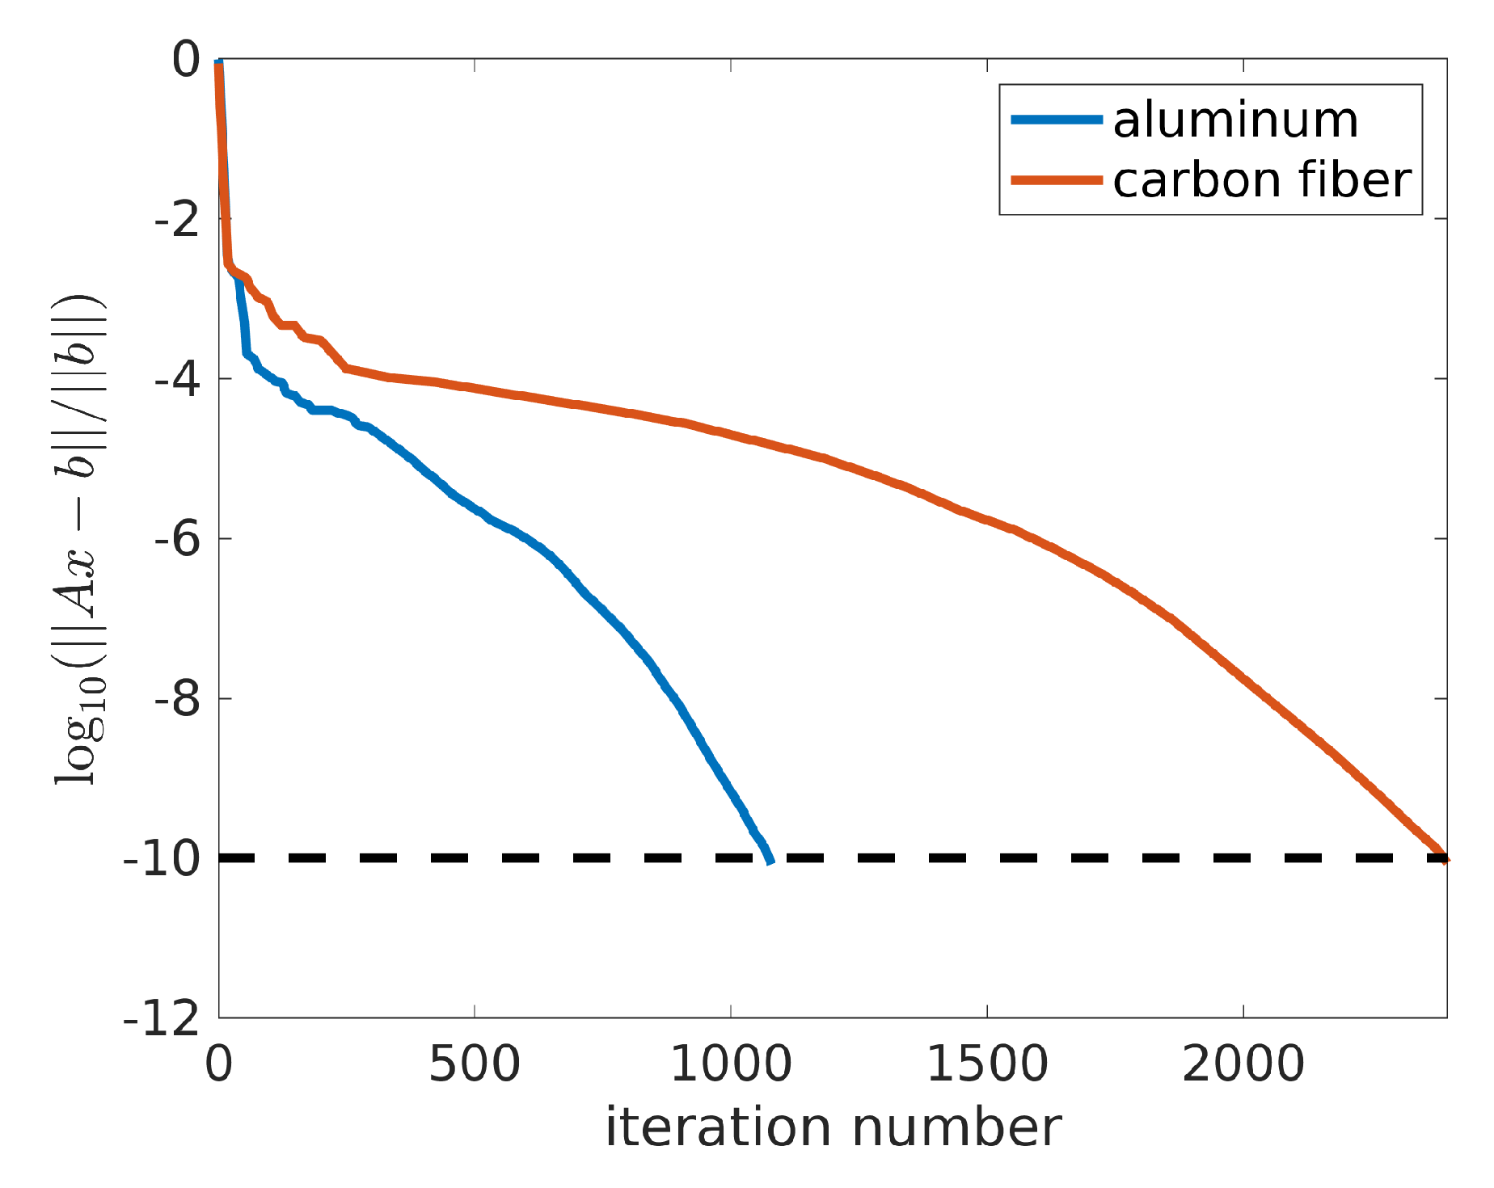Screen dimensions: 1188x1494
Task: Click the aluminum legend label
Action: click(x=1235, y=120)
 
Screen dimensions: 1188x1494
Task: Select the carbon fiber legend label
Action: click(x=1262, y=179)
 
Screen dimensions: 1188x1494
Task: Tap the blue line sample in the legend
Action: click(x=1057, y=120)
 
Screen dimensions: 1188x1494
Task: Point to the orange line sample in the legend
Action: click(x=1057, y=180)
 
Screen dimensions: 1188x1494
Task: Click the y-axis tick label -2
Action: click(x=176, y=219)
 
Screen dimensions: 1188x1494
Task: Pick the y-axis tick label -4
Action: click(x=176, y=379)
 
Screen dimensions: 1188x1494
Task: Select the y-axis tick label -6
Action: click(x=176, y=539)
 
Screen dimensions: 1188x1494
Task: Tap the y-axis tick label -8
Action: click(x=176, y=699)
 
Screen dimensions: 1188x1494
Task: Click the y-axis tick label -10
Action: click(x=162, y=859)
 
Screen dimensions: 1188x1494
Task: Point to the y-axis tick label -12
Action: click(x=162, y=1018)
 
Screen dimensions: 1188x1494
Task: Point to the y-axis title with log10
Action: click(x=79, y=539)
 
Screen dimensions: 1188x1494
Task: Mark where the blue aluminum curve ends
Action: click(x=770, y=862)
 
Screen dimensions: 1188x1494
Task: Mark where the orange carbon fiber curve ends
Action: click(x=1445, y=860)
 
